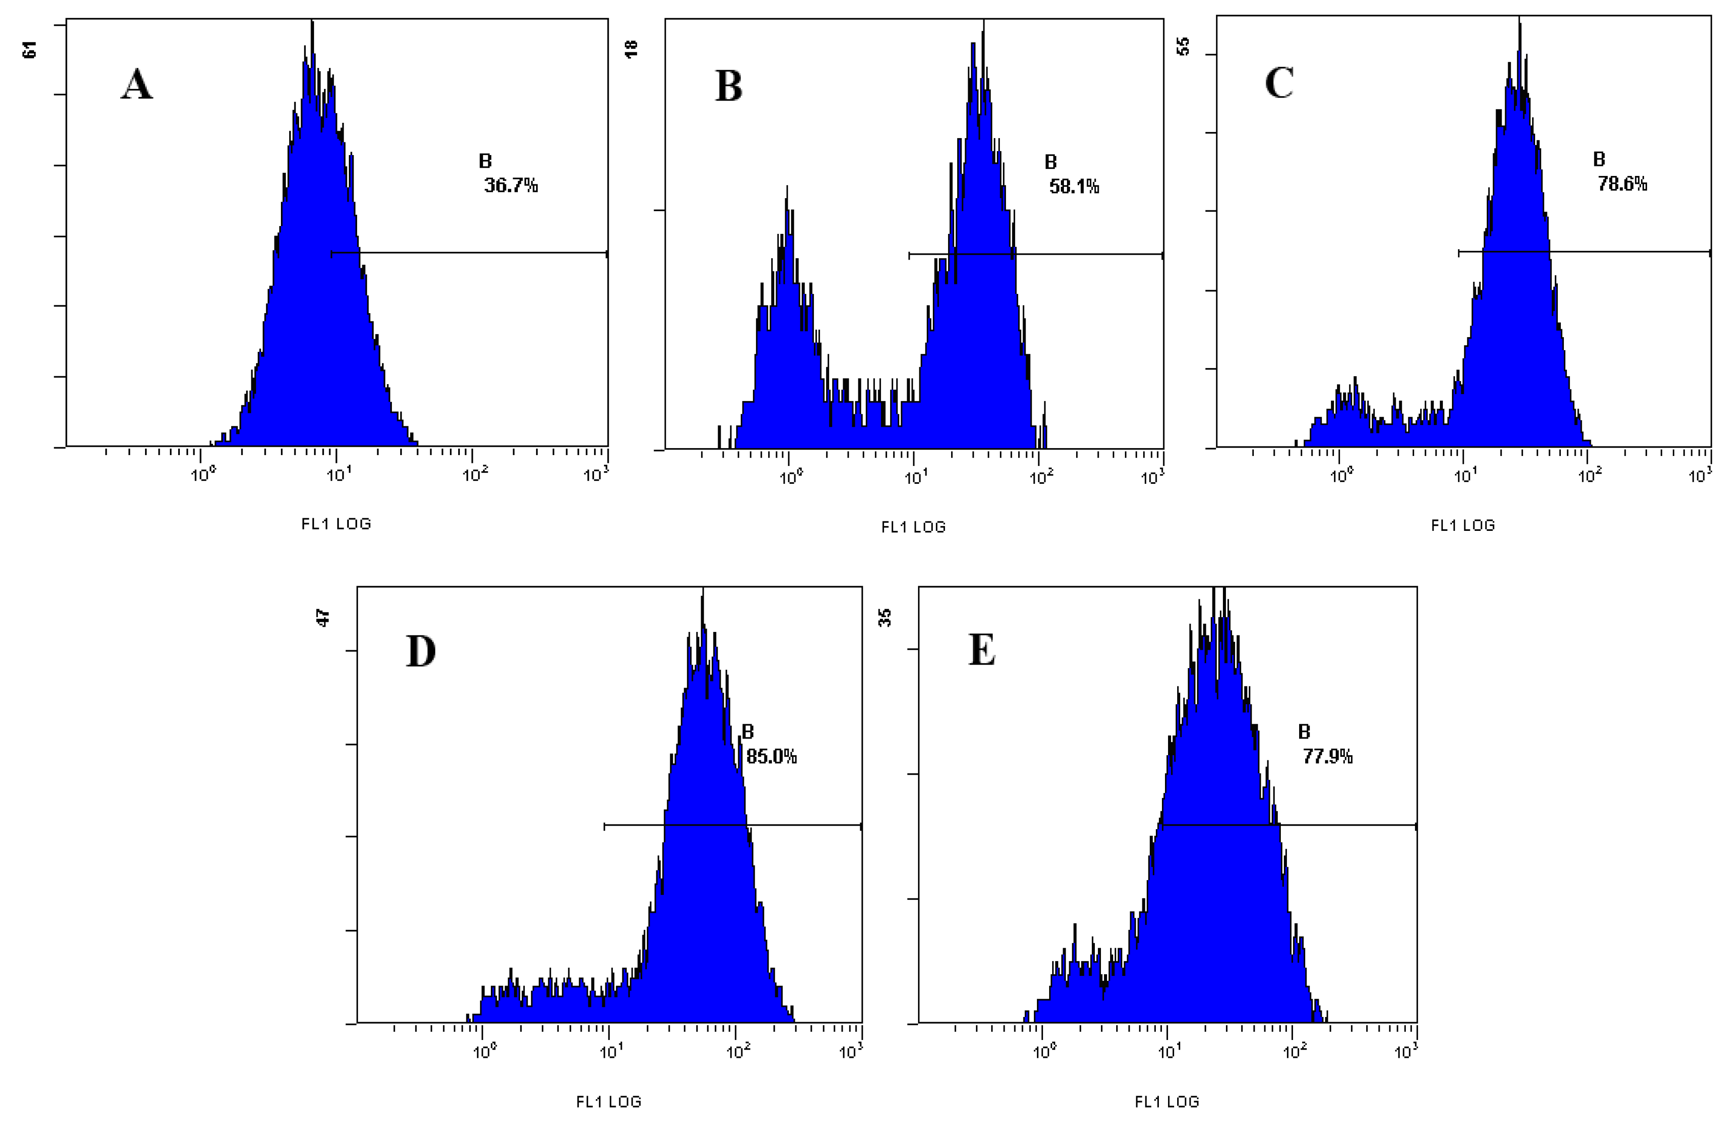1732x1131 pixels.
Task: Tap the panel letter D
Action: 421,652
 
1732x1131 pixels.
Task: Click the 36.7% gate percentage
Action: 511,186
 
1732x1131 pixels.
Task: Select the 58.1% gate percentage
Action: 1074,187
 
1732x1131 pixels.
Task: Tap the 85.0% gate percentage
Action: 771,757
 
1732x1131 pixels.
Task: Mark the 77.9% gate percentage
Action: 1327,757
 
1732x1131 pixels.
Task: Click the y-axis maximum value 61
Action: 30,50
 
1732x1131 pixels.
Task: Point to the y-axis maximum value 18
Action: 631,49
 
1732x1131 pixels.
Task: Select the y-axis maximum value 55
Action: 1183,46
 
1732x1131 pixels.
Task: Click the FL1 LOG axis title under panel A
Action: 336,523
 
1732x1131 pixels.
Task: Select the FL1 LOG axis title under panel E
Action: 1167,1102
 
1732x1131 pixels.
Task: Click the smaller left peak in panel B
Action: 787,218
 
